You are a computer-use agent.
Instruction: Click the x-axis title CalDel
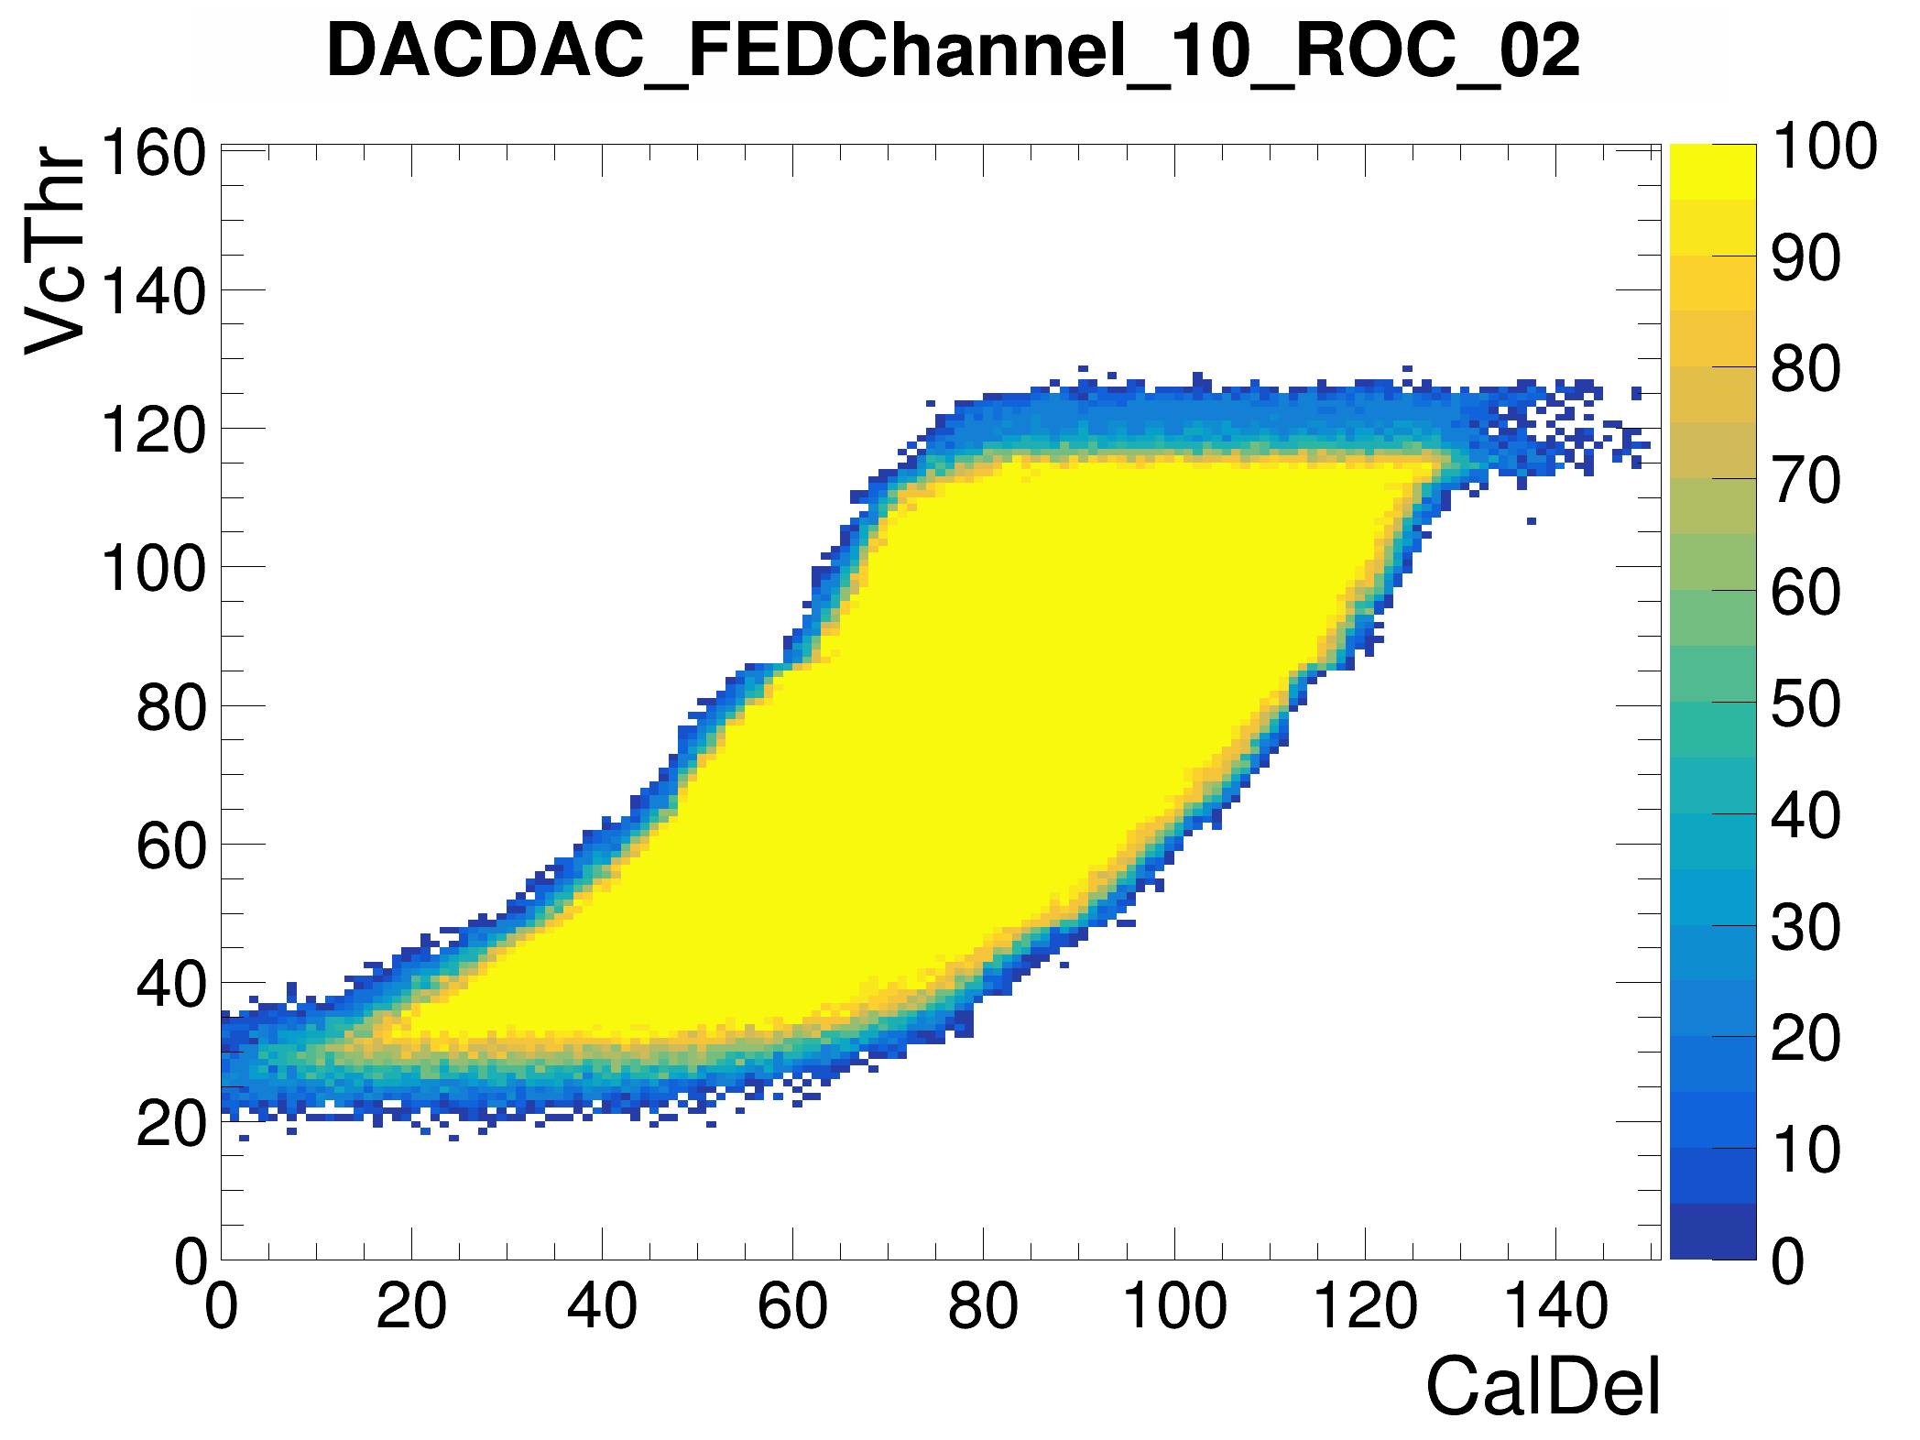[1543, 1387]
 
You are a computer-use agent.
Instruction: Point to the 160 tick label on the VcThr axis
[153, 153]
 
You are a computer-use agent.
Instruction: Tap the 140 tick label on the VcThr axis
[153, 292]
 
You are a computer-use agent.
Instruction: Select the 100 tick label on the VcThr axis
[153, 569]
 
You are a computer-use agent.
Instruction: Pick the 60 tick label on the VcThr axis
[171, 846]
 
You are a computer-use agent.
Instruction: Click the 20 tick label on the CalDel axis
[411, 1306]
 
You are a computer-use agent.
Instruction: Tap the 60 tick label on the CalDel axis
[792, 1306]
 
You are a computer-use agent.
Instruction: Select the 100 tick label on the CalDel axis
[1174, 1306]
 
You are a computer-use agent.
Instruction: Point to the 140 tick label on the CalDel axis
[1555, 1306]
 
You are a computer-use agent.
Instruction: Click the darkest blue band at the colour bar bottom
[1713, 1232]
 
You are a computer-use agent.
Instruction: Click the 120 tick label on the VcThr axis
[153, 431]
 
